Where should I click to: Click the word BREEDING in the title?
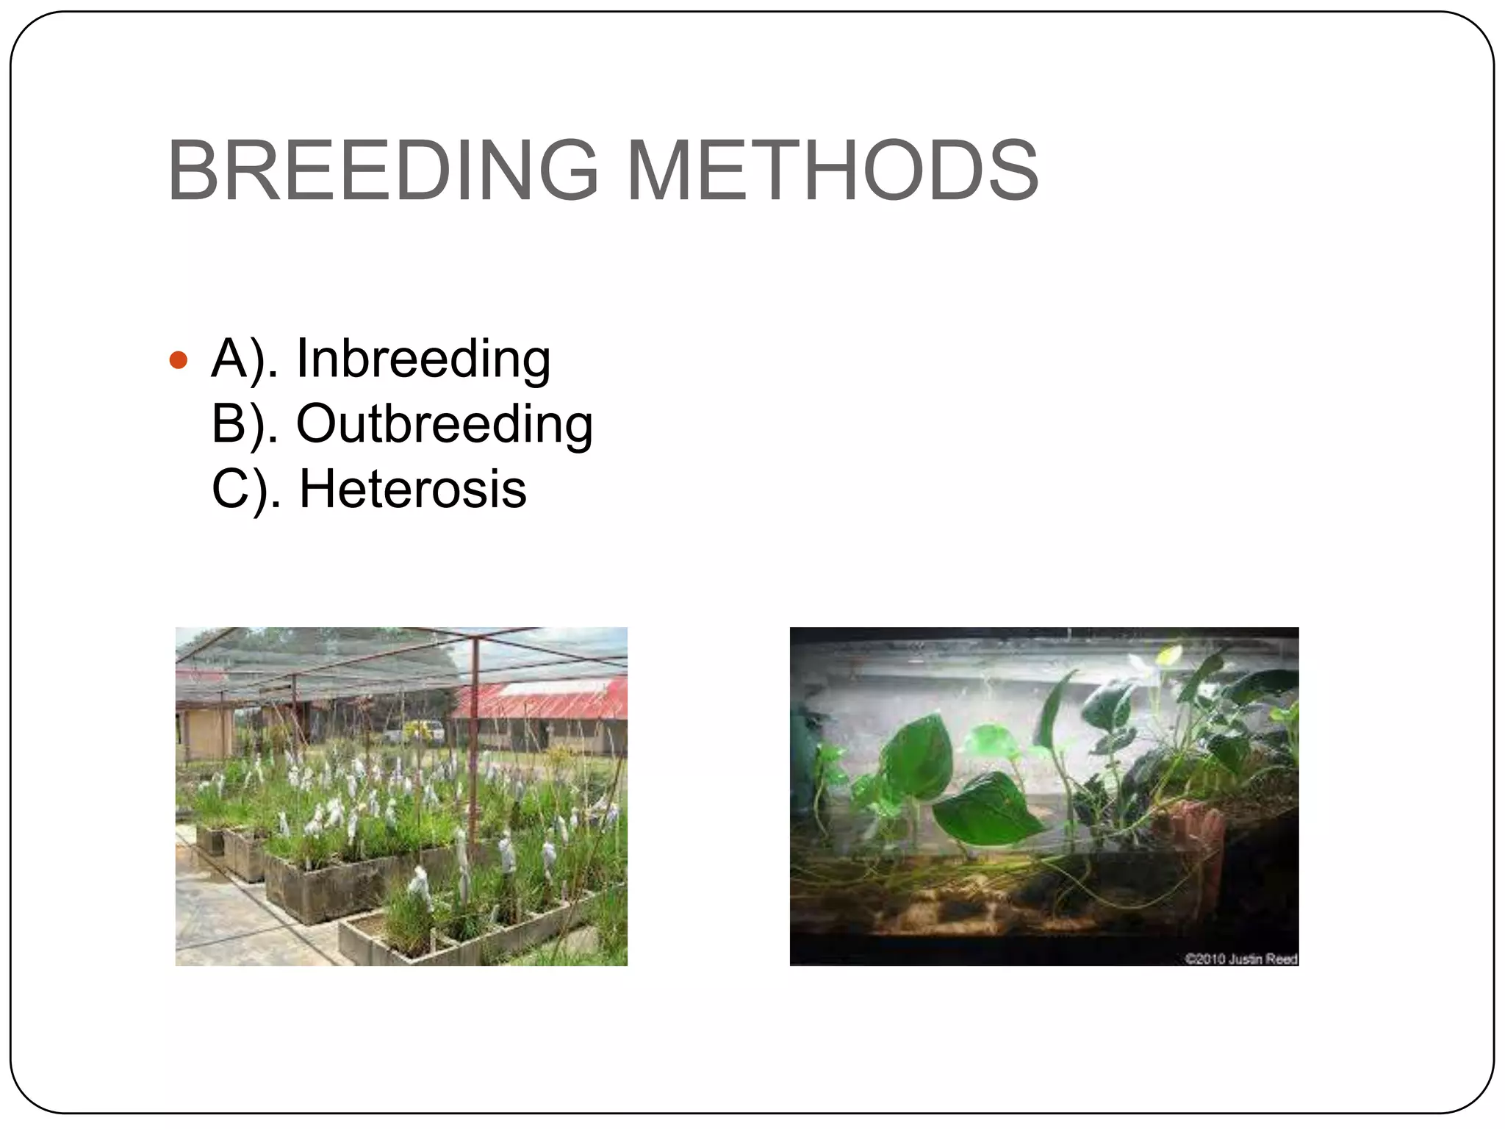tap(382, 171)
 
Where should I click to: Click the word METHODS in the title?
tap(833, 171)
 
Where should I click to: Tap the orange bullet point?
tap(179, 360)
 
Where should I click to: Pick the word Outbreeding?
tap(444, 424)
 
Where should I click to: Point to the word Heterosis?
tap(412, 489)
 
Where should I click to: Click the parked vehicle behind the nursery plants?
tap(423, 731)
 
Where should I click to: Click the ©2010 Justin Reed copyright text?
tap(1241, 958)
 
